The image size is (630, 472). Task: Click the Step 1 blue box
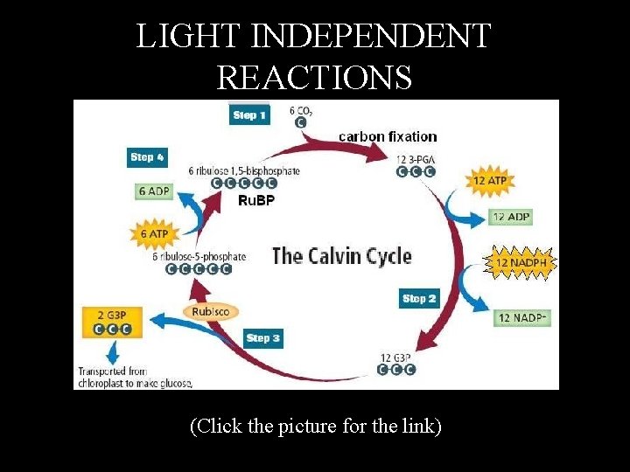[x=249, y=115]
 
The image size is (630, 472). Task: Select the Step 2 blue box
[x=418, y=299]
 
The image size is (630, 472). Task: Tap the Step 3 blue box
[x=263, y=338]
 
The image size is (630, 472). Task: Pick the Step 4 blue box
[x=147, y=157]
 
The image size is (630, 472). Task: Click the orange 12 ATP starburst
[x=491, y=181]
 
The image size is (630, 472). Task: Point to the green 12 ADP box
[x=511, y=217]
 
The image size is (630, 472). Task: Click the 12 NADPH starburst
[x=521, y=262]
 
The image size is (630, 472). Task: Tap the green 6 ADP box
[x=154, y=191]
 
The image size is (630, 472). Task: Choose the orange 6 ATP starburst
[x=154, y=233]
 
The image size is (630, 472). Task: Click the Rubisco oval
[x=210, y=311]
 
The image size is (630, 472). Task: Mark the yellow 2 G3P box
[x=111, y=322]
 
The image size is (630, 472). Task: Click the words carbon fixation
[x=388, y=136]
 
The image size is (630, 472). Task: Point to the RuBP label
[x=256, y=201]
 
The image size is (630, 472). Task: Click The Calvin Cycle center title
[x=341, y=256]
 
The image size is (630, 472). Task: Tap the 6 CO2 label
[x=302, y=112]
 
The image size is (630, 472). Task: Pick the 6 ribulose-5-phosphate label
[x=199, y=257]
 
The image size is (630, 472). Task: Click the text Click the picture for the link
[x=315, y=427]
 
